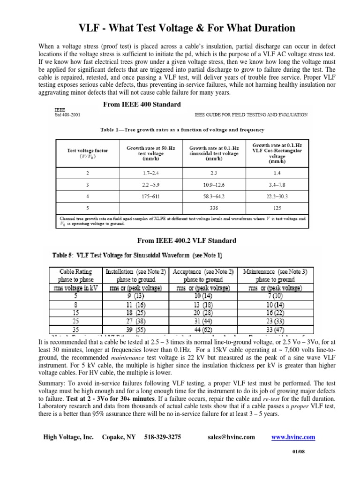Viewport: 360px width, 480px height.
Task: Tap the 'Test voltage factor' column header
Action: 88,154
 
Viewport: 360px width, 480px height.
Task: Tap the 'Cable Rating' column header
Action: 76,271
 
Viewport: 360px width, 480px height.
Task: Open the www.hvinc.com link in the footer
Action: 293,437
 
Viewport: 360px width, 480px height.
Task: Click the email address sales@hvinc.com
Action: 231,437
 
